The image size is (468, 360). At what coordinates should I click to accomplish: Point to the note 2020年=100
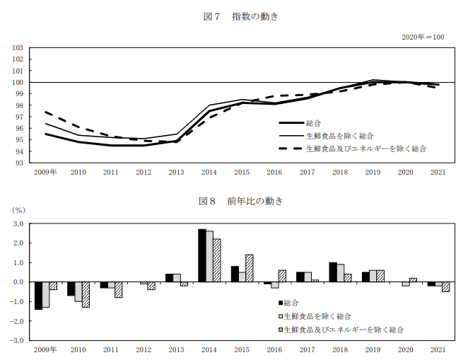[x=423, y=37]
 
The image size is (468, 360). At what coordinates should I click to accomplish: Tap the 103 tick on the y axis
[x=18, y=48]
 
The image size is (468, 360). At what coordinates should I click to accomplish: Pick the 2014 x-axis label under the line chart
[x=209, y=172]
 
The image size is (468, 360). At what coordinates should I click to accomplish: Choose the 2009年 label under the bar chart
[x=46, y=349]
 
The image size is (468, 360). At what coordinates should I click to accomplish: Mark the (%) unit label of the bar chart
[x=18, y=210]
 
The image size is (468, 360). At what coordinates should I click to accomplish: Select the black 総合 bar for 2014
[x=202, y=255]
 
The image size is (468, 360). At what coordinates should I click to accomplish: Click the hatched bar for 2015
[x=249, y=268]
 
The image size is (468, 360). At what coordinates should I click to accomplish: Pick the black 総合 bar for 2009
[x=39, y=296]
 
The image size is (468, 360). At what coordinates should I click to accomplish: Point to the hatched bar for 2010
[x=86, y=294]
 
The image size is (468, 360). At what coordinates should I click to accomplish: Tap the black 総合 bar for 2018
[x=332, y=272]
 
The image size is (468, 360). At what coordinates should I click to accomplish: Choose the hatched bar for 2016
[x=282, y=276]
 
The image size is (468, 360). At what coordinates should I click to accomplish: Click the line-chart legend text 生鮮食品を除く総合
[x=339, y=135]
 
